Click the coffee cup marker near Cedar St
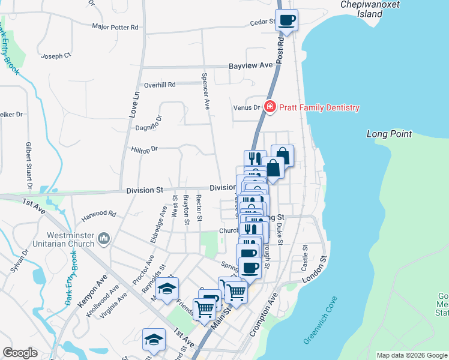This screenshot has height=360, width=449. pos(287,21)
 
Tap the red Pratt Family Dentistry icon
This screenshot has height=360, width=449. pos(270,107)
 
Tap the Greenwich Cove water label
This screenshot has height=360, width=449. pos(321,321)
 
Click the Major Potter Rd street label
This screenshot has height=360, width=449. pos(115,27)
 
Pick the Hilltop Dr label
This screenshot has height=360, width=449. pos(143,148)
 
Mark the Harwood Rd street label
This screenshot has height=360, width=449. pos(100,213)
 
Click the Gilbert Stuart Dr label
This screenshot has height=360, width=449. pos(28,162)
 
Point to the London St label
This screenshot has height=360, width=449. pos(316,270)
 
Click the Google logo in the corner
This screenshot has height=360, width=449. pos(20,353)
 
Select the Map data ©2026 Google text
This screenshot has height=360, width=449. pos(411,355)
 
